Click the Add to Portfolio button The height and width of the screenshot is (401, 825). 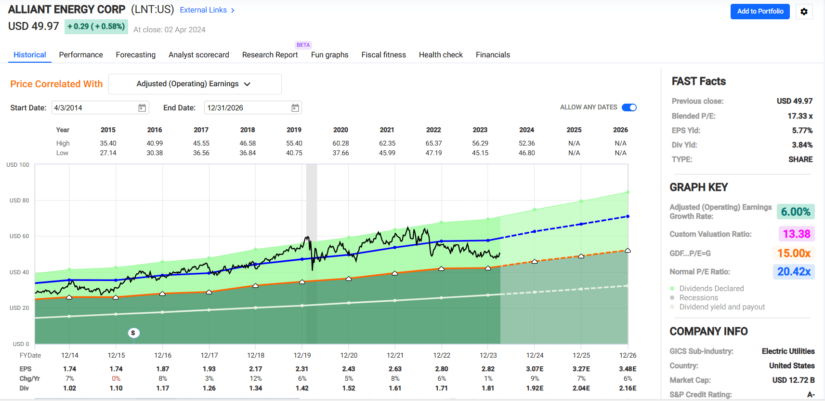coord(760,11)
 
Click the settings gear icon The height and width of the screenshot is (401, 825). coord(804,12)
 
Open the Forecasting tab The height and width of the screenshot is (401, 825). coord(135,55)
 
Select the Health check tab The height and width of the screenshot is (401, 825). coord(440,55)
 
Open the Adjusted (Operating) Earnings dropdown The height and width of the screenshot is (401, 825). coord(195,84)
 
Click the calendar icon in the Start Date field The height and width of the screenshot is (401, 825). coord(142,108)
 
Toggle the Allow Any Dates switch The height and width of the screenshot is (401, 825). coord(629,107)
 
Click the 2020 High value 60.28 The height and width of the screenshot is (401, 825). coord(340,143)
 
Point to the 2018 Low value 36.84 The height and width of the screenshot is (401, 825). coord(248,153)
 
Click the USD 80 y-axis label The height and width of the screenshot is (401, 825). coord(19,200)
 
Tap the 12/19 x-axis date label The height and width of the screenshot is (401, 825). coord(302,355)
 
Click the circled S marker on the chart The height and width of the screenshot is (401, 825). coord(133,333)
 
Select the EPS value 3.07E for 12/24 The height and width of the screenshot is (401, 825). coord(535,369)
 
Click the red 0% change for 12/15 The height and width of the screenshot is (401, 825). coord(116,378)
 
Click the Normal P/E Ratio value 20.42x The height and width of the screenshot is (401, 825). coord(793,272)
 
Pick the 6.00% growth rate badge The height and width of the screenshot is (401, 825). coord(795,212)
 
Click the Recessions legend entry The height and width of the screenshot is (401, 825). coord(698,298)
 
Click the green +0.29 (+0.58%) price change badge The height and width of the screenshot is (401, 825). coord(96,27)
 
